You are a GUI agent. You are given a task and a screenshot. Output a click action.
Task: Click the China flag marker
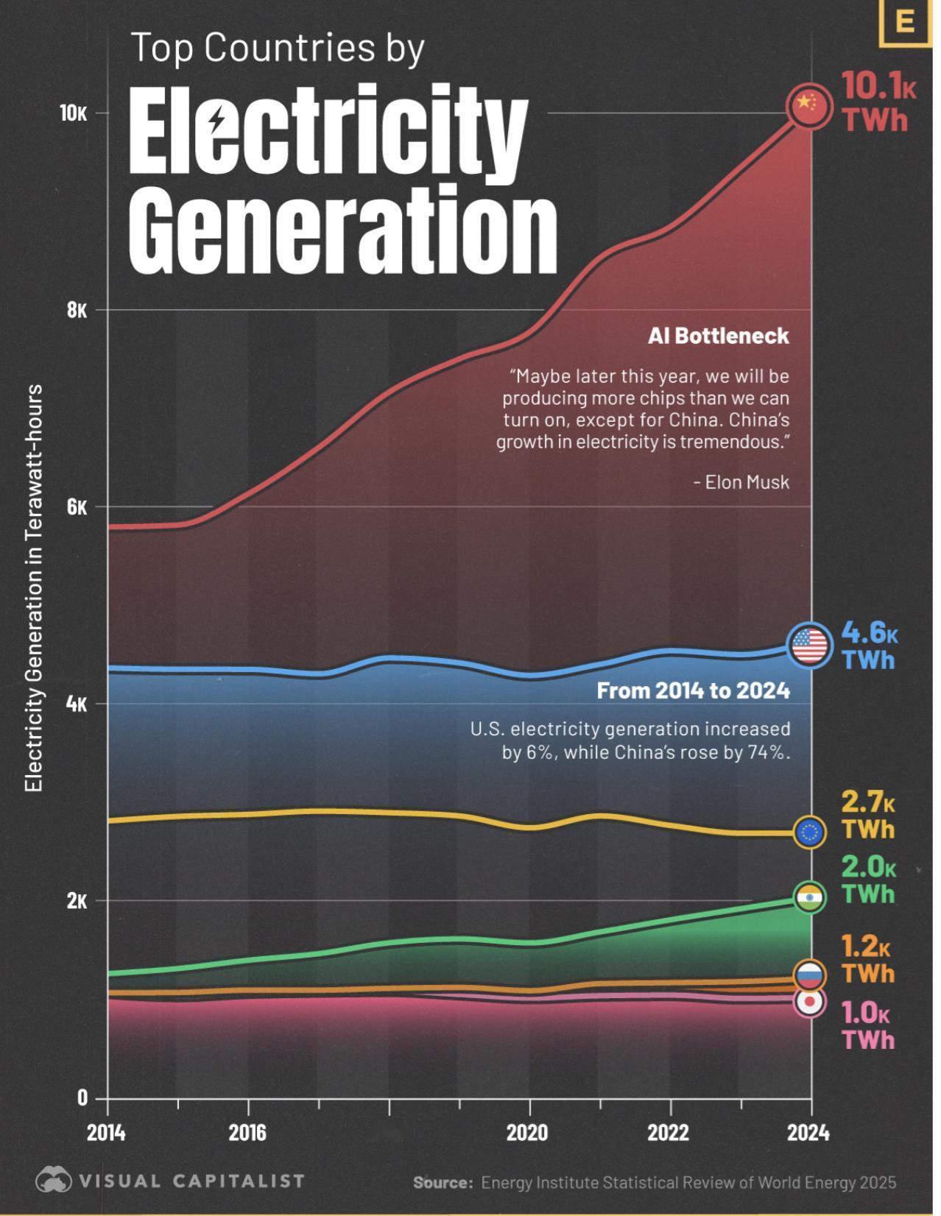point(809,107)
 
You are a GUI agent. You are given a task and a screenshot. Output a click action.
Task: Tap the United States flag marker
point(809,646)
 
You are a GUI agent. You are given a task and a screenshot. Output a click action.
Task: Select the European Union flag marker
point(809,833)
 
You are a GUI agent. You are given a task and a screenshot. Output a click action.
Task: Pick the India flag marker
point(810,897)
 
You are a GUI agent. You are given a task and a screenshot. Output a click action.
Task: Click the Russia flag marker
point(809,975)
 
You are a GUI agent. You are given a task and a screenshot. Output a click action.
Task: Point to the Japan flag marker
point(809,1002)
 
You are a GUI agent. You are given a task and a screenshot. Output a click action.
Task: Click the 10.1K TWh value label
point(878,102)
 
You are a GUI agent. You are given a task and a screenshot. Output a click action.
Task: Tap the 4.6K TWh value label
point(869,646)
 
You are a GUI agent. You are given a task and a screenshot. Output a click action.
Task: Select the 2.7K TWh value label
point(868,815)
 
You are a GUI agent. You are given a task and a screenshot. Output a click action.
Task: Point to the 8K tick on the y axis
point(77,310)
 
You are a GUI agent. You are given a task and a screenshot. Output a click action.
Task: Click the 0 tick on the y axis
point(82,1097)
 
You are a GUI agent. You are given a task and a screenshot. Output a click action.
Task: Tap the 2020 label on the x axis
point(527,1132)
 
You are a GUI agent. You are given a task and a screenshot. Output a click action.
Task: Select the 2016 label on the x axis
point(247,1132)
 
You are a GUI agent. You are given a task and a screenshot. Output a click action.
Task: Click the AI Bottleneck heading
point(718,336)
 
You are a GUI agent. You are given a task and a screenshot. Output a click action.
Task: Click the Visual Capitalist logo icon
point(54,1181)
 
